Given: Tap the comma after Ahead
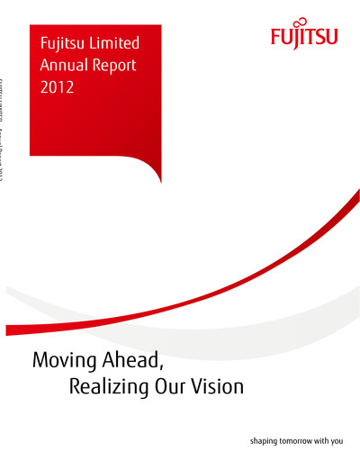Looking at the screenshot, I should (163, 369).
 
